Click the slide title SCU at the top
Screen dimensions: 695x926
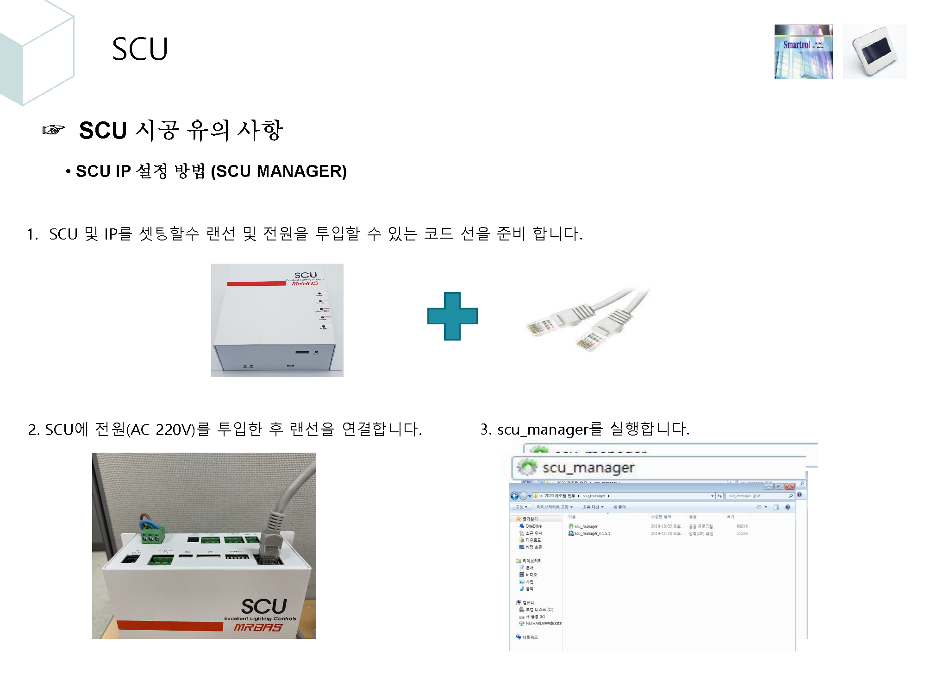click(x=140, y=49)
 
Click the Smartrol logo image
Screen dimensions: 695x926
click(x=803, y=52)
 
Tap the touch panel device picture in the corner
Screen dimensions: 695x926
click(x=875, y=52)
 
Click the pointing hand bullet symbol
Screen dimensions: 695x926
click(x=54, y=130)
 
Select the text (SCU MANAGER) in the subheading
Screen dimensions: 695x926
click(x=279, y=171)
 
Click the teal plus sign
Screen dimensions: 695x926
click(x=452, y=316)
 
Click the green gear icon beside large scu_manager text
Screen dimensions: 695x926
click(x=527, y=467)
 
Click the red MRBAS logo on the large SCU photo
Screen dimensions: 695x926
click(x=258, y=627)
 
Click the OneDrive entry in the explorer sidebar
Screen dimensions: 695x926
click(x=533, y=526)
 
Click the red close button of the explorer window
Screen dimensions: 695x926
click(x=789, y=487)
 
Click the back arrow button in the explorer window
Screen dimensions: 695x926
click(x=514, y=496)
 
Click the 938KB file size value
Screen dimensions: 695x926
click(x=742, y=526)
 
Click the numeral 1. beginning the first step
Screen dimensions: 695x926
click(x=32, y=234)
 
